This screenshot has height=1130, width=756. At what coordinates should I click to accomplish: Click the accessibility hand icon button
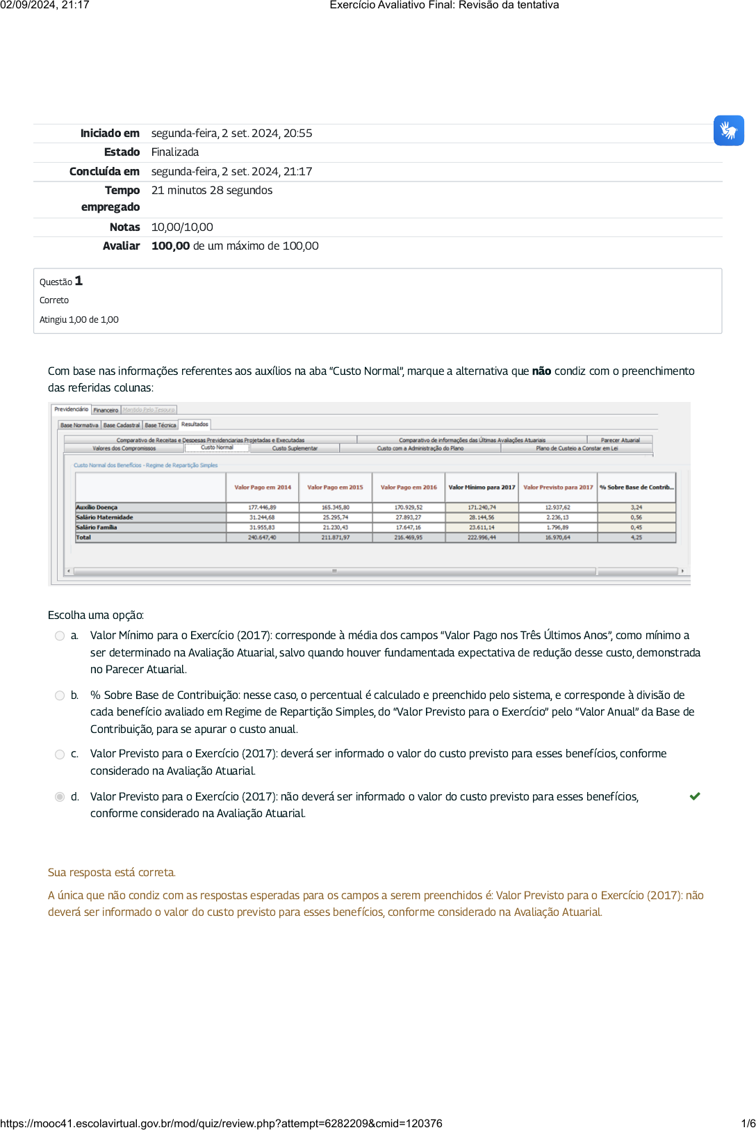click(x=728, y=131)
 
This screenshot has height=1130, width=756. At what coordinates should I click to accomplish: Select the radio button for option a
click(x=60, y=636)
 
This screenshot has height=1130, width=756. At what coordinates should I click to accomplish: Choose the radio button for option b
click(x=60, y=695)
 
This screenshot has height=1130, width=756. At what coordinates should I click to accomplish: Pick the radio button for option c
click(x=60, y=754)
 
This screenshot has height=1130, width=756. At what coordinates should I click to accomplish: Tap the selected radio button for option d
click(x=60, y=797)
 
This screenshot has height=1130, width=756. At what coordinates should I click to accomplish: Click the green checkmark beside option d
click(x=694, y=796)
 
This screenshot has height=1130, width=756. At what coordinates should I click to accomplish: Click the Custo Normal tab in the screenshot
click(x=217, y=448)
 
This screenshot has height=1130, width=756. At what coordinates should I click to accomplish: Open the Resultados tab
click(x=195, y=424)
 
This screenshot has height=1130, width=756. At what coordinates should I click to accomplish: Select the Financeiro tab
click(x=106, y=410)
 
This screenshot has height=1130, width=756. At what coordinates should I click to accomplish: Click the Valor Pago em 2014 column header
click(x=263, y=487)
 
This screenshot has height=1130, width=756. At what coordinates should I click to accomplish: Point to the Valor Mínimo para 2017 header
click(x=482, y=487)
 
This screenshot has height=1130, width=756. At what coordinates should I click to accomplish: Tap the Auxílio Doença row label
click(x=97, y=508)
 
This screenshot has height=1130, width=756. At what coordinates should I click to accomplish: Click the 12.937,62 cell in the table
click(x=557, y=508)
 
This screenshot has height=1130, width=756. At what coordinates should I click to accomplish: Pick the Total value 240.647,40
click(x=263, y=538)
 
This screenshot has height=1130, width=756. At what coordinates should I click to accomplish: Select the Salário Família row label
click(x=97, y=528)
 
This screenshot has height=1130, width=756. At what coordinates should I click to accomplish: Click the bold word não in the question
click(x=541, y=371)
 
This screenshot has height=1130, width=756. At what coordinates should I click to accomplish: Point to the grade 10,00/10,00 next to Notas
click(x=182, y=227)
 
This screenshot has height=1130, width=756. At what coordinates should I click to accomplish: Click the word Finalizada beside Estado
click(x=175, y=152)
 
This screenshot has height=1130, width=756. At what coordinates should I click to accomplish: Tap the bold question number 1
click(x=79, y=281)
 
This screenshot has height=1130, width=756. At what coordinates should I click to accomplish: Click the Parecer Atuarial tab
click(x=620, y=440)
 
